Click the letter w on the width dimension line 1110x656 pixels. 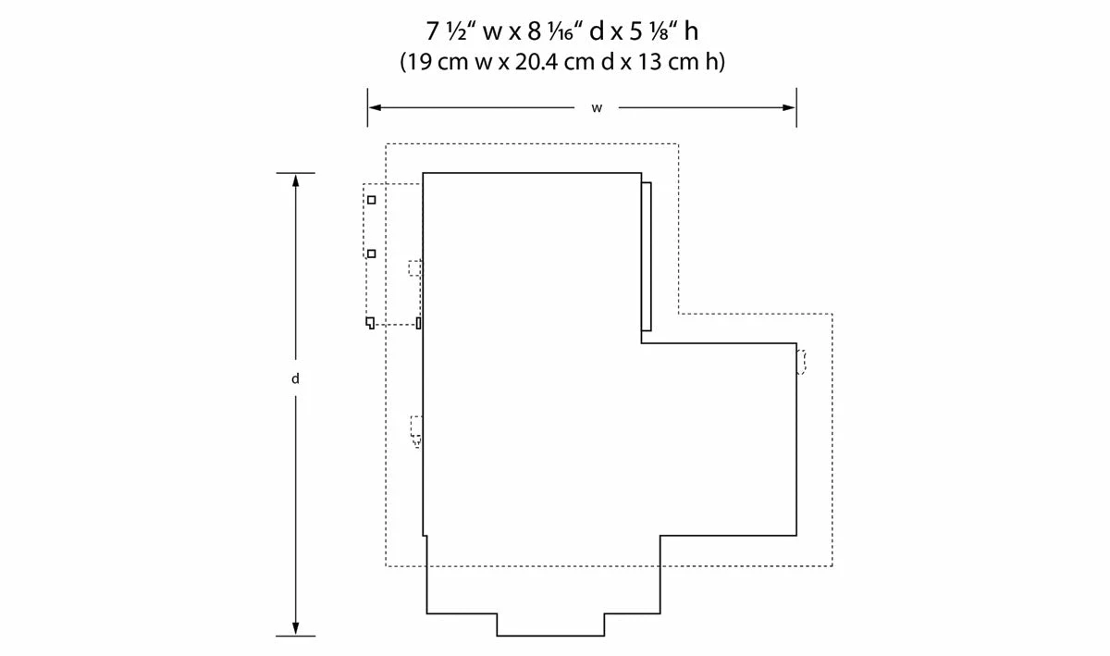coord(597,108)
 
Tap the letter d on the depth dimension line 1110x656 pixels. coord(295,378)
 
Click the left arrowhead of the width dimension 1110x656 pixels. coord(376,107)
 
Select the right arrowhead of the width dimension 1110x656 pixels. coord(789,107)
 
